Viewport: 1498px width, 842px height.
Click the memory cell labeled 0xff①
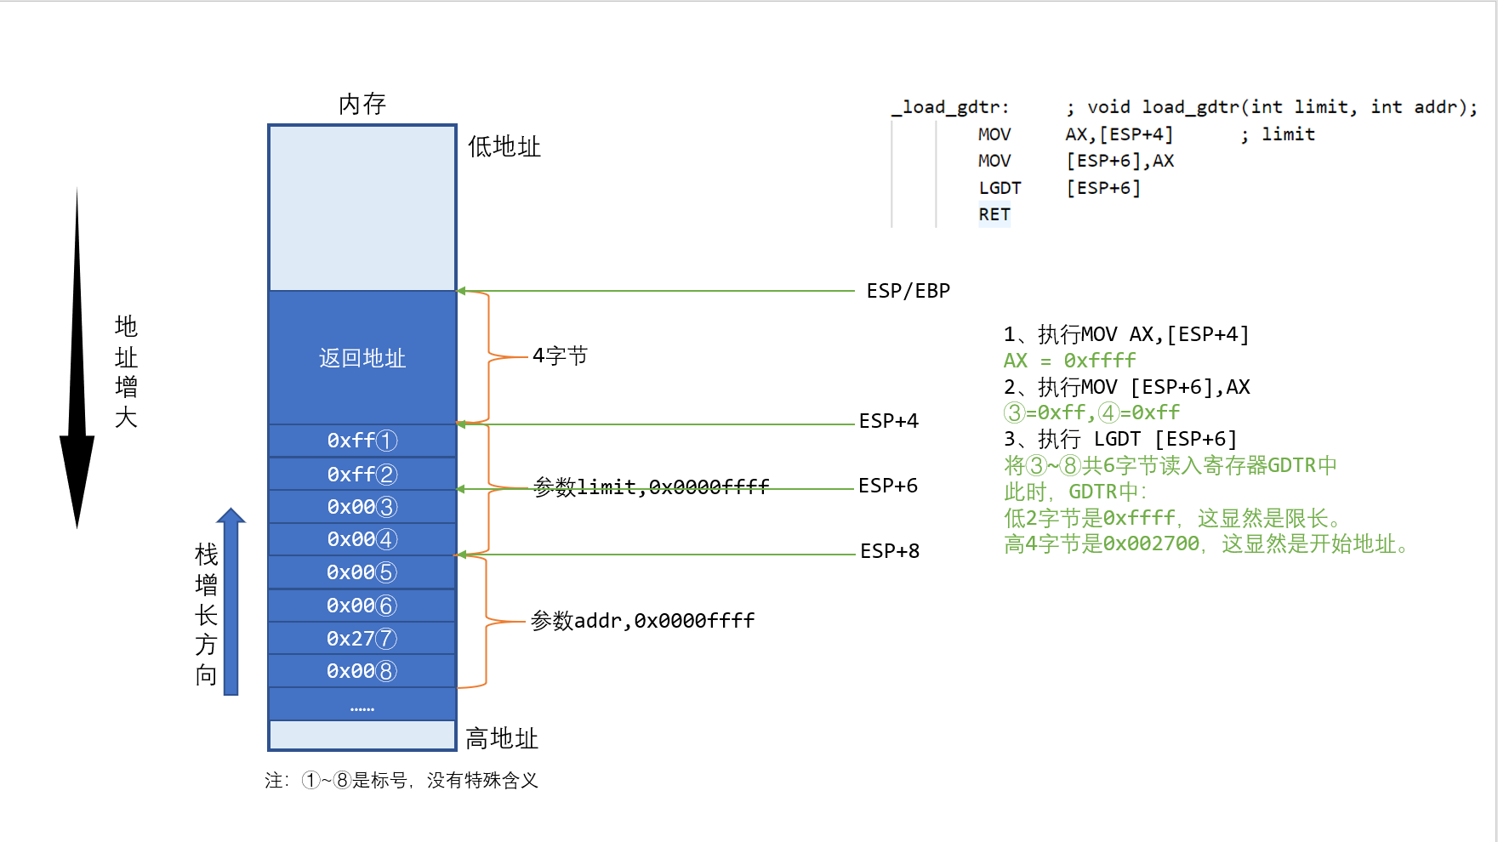[x=362, y=441]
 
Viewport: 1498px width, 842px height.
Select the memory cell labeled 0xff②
[x=362, y=474]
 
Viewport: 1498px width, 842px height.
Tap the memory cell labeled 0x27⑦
[x=362, y=638]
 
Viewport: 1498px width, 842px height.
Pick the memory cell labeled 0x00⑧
[x=362, y=671]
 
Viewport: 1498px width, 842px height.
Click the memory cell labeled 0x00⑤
[x=362, y=572]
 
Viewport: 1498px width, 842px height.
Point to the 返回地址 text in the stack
[x=362, y=358]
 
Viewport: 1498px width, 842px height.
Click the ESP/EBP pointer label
[x=908, y=291]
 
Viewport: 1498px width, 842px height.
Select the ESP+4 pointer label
[x=888, y=421]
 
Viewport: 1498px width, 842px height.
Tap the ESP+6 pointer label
[x=887, y=486]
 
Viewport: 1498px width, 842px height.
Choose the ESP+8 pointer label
[x=889, y=551]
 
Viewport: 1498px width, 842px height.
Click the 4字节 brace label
[x=560, y=356]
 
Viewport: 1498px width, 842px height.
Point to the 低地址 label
[x=504, y=146]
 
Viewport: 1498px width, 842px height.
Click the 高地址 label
[x=502, y=738]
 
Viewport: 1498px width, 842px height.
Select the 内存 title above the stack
[x=362, y=104]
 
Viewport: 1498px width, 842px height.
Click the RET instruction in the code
[x=994, y=214]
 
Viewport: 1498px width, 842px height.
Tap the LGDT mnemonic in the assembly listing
[x=1000, y=188]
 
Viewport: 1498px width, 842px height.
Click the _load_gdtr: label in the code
[x=949, y=107]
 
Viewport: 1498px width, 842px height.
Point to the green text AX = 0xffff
[x=1069, y=361]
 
